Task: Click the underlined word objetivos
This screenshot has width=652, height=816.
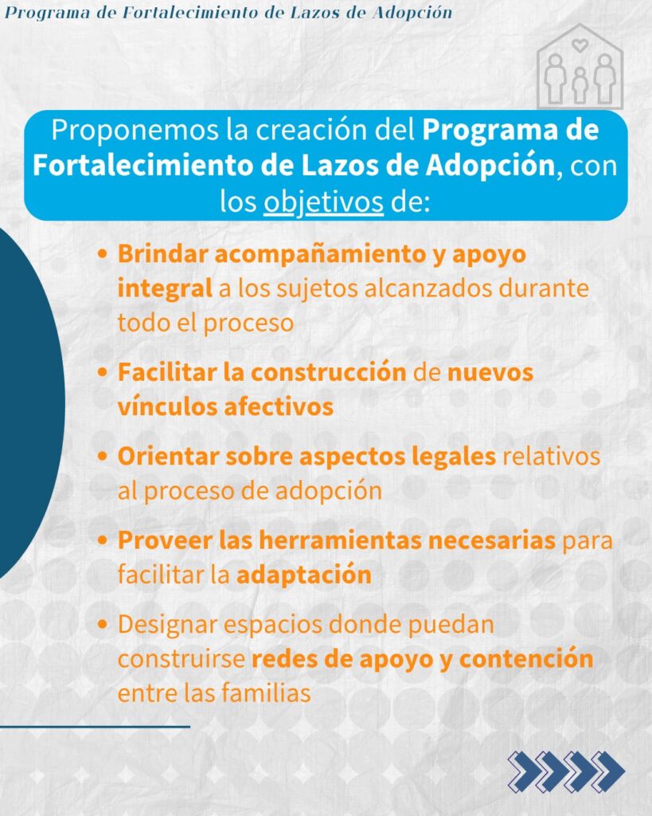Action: [323, 203]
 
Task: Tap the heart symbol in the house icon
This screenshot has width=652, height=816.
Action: [580, 45]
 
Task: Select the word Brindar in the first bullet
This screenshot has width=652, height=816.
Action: [162, 254]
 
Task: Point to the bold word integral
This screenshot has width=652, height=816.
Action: [165, 288]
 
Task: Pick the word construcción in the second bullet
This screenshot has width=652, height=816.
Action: [329, 373]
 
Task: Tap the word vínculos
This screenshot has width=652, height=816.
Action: [167, 406]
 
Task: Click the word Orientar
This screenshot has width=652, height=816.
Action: [169, 457]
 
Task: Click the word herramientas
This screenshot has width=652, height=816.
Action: [340, 540]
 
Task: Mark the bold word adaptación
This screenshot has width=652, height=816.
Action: [304, 575]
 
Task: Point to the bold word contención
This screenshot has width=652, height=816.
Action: [526, 658]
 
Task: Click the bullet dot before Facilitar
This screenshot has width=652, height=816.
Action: [103, 373]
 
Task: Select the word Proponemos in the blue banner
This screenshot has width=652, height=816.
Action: [135, 130]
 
